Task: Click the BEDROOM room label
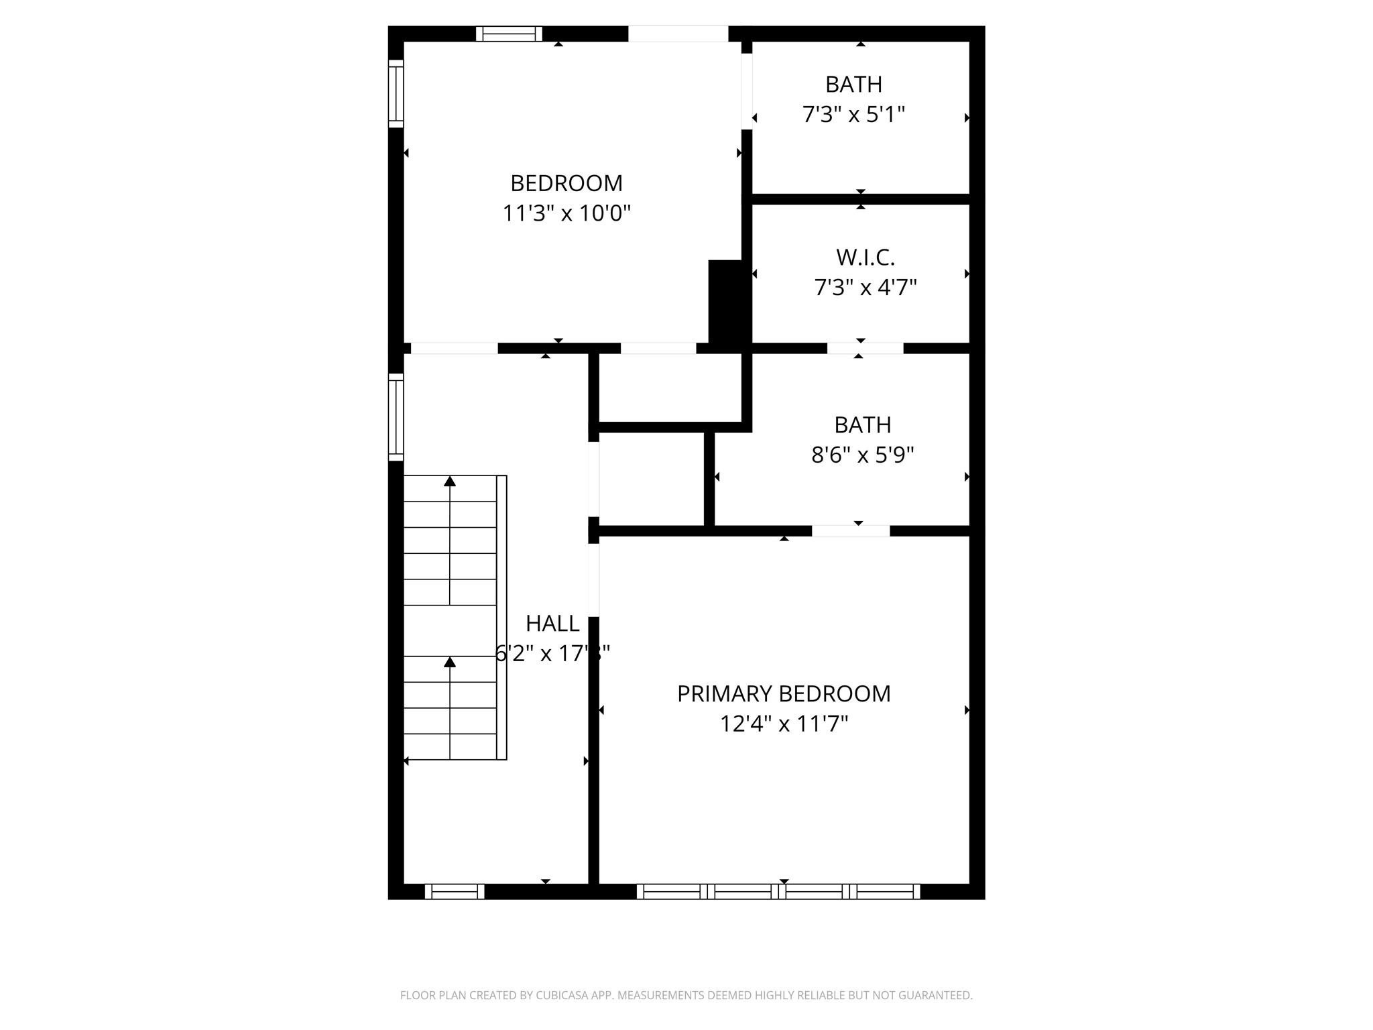point(566,183)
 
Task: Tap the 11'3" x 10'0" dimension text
point(566,214)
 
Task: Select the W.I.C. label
point(865,257)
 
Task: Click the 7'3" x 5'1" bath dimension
point(853,115)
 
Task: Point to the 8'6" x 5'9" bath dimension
point(862,455)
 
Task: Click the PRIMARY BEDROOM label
point(784,694)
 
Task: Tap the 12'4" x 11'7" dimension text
point(784,724)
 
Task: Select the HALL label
point(552,624)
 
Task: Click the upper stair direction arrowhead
point(450,481)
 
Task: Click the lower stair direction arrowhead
point(450,662)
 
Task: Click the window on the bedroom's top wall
point(509,34)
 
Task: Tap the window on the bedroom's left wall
point(396,94)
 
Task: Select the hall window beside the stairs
point(396,417)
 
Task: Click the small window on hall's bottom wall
point(455,891)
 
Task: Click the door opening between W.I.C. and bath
point(865,348)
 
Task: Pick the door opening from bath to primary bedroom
point(851,531)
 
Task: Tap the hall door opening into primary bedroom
point(593,580)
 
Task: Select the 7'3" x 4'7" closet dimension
point(865,288)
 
